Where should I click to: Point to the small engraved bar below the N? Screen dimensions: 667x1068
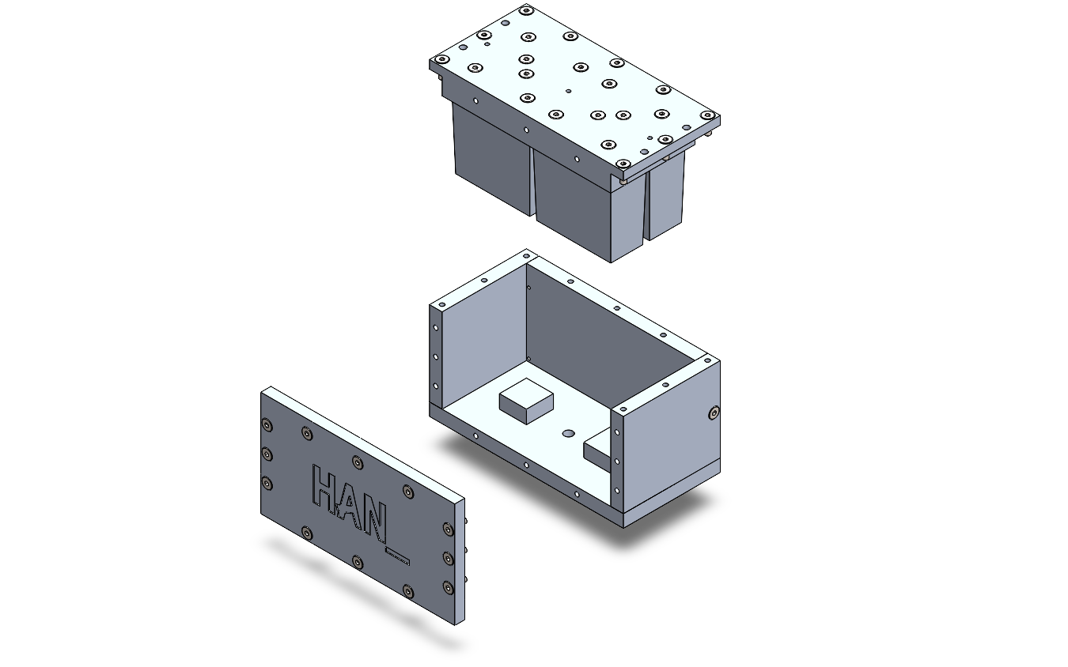(x=397, y=556)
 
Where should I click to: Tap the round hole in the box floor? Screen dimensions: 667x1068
(x=568, y=434)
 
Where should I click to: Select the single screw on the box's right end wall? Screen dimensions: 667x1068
(x=714, y=413)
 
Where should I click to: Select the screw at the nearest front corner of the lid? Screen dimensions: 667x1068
(x=625, y=164)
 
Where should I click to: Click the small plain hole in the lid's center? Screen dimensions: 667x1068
(x=569, y=91)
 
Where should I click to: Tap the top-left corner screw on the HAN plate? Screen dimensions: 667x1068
(x=267, y=425)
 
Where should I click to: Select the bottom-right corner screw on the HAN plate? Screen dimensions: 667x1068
(x=447, y=587)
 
